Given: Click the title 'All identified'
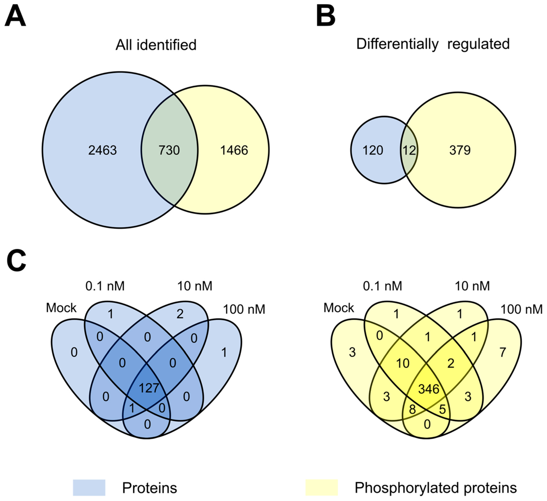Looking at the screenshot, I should coord(156,45).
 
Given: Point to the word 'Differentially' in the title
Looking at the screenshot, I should coord(397,44).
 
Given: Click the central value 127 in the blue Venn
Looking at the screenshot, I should coord(149,388).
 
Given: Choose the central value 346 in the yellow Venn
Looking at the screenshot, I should coord(429,389).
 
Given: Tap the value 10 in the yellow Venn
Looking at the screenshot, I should coord(403,363).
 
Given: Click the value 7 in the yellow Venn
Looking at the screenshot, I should coord(502,352).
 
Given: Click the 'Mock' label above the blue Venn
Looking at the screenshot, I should coord(61,308).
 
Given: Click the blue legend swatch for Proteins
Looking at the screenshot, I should coord(89,487).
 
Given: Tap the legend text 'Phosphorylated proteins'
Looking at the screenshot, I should coord(435,487).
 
